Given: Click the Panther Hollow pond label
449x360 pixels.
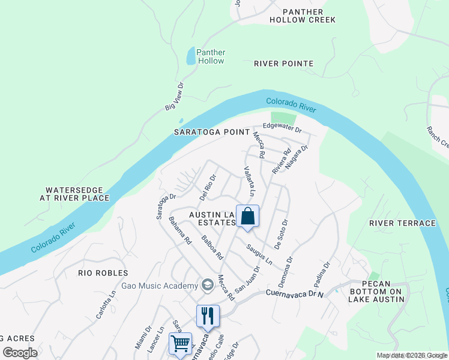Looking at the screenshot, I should tap(210, 56).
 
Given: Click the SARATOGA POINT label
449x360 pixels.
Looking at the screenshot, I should tap(211, 131).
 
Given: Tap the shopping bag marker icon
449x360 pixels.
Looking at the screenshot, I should tap(247, 217).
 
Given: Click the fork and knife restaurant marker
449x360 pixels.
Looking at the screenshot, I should tap(208, 316).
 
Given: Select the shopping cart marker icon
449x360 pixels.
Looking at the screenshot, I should tap(180, 344).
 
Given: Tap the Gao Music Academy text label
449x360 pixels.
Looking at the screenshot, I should tap(159, 286).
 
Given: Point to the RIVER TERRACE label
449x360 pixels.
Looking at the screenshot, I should tap(403, 223).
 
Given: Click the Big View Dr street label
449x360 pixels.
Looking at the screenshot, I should tap(173, 98).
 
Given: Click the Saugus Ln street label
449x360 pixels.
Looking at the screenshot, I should tap(259, 254).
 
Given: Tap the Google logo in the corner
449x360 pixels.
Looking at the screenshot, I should tap(20, 353).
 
